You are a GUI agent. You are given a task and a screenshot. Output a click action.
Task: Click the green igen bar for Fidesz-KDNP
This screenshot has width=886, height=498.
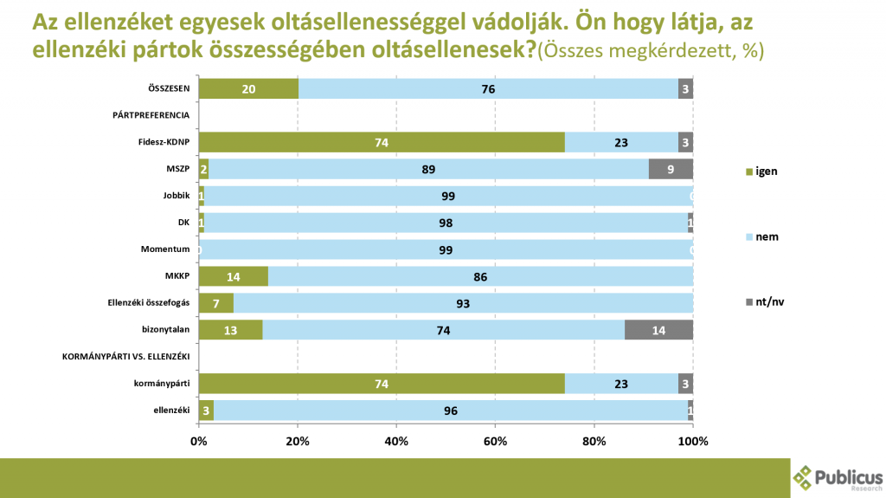coord(382,142)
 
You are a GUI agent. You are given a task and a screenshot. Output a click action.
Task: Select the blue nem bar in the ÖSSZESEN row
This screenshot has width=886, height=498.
coord(488,87)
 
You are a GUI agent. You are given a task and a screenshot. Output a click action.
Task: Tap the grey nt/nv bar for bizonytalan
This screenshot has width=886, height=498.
coord(658,330)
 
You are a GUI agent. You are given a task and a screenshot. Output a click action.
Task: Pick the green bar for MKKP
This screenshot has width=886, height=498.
coord(234,276)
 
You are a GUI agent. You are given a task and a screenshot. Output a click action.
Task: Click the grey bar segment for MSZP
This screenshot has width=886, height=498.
coord(671,169)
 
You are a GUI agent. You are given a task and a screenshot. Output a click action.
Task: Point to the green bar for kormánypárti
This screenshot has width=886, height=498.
coord(382,384)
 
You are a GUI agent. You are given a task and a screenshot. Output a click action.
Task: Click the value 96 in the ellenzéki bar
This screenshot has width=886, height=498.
coord(450,411)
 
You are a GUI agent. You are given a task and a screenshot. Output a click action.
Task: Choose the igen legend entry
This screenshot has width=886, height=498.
coord(762,171)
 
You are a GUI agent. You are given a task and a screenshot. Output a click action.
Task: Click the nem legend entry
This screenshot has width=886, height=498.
coord(762,236)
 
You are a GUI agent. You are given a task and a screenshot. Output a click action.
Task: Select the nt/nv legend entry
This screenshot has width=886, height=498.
coord(766,301)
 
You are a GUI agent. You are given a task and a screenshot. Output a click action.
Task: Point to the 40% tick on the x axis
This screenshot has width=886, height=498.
coord(396,441)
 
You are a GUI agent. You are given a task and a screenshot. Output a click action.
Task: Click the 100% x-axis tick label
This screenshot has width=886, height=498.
coord(693,441)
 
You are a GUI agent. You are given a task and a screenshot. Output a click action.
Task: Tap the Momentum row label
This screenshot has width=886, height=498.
coord(166,249)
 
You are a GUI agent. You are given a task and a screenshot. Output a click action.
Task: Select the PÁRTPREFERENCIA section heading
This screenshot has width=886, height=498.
coord(151,115)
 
